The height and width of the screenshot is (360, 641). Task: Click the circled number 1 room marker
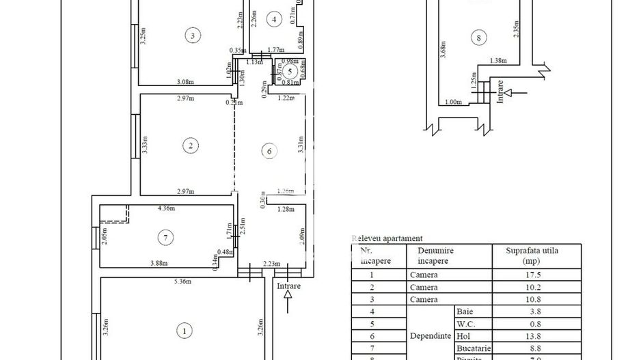183,331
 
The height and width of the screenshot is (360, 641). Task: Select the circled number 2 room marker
191,145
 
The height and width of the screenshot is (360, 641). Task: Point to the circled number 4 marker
274,19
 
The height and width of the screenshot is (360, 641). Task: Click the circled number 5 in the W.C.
289,70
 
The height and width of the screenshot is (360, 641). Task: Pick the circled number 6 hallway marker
269,151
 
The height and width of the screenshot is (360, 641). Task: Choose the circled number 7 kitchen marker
165,238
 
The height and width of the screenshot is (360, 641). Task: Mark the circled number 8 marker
480,38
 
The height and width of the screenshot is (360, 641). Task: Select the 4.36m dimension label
167,208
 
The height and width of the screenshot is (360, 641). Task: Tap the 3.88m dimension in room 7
159,264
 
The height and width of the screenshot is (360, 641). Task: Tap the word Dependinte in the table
431,336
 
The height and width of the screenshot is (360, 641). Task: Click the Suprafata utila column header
531,255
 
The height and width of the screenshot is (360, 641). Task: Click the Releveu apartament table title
386,238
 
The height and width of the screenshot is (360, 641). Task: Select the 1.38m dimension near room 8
500,61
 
